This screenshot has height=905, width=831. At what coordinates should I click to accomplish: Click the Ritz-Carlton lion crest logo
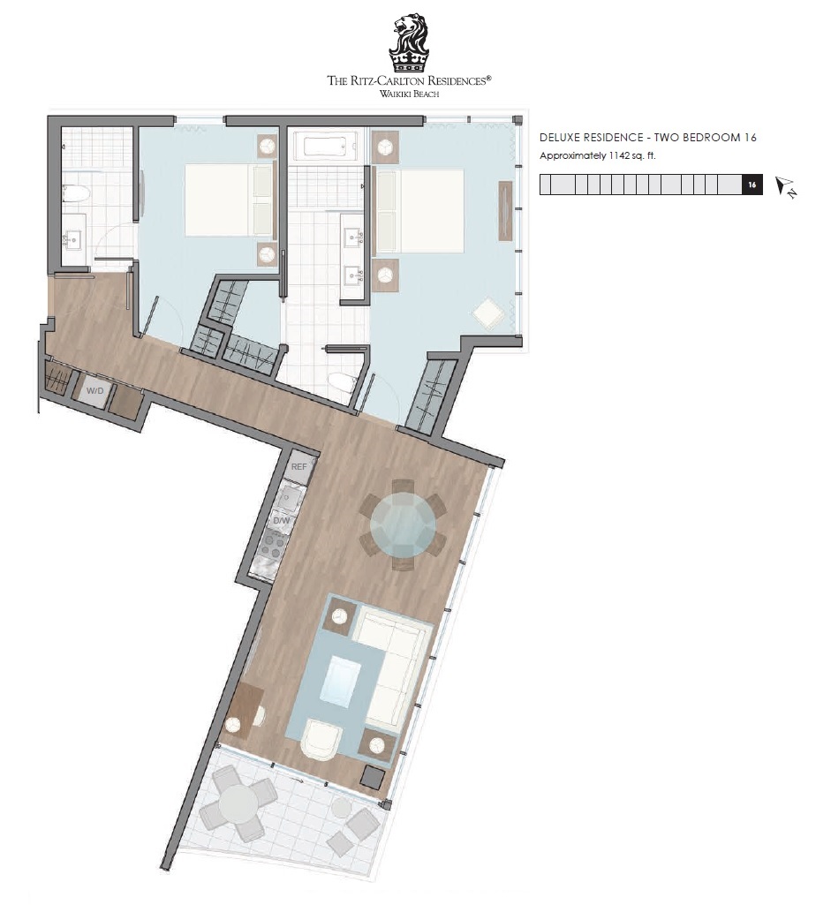(x=409, y=43)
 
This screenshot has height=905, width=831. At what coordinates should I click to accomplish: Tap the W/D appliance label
(x=94, y=391)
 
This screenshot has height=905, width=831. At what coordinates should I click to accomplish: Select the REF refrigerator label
(x=298, y=466)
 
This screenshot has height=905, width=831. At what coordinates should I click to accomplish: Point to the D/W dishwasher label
(x=282, y=521)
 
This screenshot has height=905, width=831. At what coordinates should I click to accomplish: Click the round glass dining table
(x=403, y=525)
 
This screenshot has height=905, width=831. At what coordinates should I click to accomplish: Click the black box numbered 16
(x=752, y=185)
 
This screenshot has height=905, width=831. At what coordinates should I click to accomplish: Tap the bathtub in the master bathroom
(x=326, y=146)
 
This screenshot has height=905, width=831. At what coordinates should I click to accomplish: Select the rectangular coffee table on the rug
(x=341, y=683)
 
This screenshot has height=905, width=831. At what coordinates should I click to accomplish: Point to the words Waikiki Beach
(x=409, y=94)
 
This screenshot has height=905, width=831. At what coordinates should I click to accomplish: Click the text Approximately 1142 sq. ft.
(x=597, y=155)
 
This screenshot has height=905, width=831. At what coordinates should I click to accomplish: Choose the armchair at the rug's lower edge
(x=321, y=739)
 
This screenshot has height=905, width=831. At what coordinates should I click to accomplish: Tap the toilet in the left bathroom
(x=74, y=192)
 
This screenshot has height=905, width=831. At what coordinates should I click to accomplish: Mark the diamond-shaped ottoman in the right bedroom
(x=488, y=313)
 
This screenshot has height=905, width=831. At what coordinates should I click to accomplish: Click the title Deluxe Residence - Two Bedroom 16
(x=647, y=138)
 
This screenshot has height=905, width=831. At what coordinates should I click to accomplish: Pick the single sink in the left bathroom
(x=73, y=239)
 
